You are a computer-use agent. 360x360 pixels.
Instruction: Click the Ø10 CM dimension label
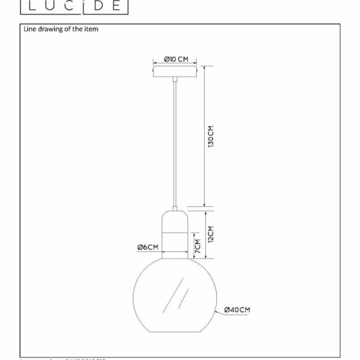coord(176,59)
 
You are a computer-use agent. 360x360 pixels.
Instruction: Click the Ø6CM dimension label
coord(148,247)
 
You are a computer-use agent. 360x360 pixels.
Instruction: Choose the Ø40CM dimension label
coord(237,309)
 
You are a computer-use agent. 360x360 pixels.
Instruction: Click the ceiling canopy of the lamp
coord(175,72)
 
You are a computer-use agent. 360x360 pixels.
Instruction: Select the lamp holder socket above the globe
coord(175,234)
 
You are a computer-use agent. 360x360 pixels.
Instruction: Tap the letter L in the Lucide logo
coord(32,5)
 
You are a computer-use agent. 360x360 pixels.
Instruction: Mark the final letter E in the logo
coord(116,5)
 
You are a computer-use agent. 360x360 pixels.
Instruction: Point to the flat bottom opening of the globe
coord(175,333)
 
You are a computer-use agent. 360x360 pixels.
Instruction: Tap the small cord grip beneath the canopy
coord(175,79)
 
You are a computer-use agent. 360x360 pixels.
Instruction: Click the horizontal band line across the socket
coord(175,232)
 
